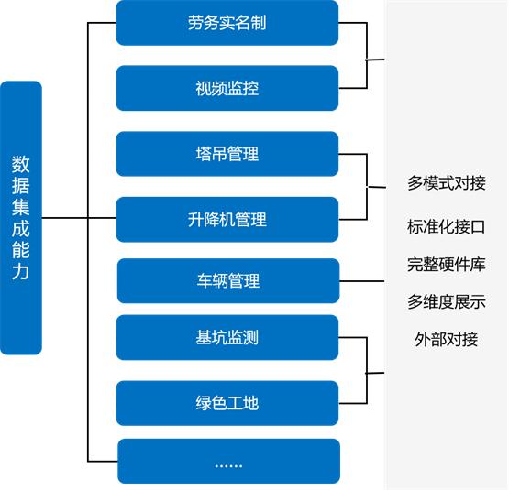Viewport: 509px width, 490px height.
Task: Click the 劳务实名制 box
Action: click(x=227, y=23)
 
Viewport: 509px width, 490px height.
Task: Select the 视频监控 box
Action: click(x=227, y=89)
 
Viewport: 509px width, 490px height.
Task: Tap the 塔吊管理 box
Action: click(x=227, y=154)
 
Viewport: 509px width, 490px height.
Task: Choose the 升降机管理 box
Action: click(x=227, y=220)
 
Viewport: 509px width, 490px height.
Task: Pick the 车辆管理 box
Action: click(x=228, y=280)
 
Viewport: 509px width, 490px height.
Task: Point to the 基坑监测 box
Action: click(x=227, y=337)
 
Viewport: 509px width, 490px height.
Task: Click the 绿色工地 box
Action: click(x=227, y=403)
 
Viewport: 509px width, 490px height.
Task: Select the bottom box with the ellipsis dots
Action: click(x=228, y=462)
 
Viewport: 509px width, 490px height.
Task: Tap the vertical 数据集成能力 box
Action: click(x=21, y=218)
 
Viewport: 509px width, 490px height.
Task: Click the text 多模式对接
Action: click(x=447, y=183)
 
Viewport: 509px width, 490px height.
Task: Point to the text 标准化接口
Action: click(x=447, y=226)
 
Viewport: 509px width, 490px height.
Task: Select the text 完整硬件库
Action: click(x=447, y=265)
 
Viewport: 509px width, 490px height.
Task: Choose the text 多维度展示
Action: click(x=447, y=301)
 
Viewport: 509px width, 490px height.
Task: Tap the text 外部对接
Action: click(x=447, y=339)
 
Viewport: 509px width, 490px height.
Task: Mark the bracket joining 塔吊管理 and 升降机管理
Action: click(x=366, y=187)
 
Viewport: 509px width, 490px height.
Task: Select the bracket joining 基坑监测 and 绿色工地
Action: click(x=366, y=371)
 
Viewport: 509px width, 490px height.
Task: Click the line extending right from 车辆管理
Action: click(x=362, y=280)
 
